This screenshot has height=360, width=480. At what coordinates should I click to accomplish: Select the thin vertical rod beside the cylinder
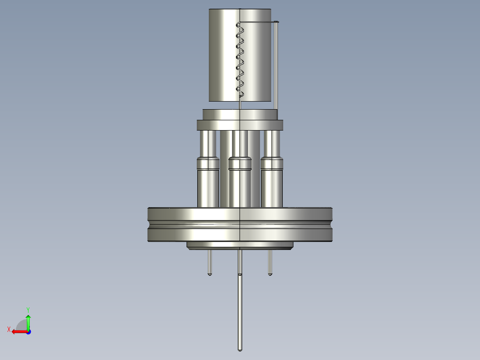coord(276,67)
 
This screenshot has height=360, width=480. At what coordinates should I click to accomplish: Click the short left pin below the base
coord(210,263)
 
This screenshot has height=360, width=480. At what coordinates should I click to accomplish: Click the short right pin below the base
coord(270,263)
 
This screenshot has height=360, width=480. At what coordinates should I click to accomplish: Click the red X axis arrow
coord(18,331)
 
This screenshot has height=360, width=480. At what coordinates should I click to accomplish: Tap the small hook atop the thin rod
coord(277,22)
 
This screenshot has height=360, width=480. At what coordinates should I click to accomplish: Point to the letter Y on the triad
coord(28,309)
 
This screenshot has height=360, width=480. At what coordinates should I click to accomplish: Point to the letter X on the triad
coord(8,329)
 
